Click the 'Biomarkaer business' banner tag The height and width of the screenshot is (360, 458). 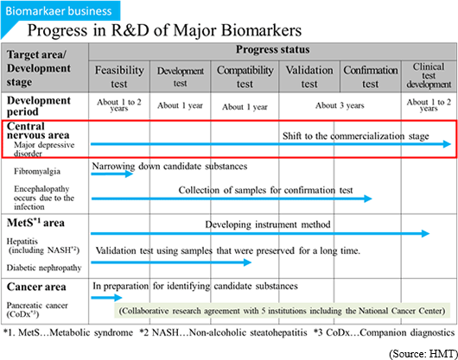[x=60, y=11]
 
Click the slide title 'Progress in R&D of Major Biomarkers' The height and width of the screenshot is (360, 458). [x=164, y=30]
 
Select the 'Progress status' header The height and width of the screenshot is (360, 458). [x=272, y=50]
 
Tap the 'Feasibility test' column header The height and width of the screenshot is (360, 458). [x=119, y=77]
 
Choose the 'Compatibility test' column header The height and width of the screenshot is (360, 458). [x=245, y=77]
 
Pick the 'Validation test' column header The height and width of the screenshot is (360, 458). [x=309, y=77]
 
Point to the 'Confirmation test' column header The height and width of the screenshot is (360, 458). [x=371, y=77]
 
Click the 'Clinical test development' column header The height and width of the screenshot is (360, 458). [x=429, y=76]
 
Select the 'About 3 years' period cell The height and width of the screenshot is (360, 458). [x=340, y=105]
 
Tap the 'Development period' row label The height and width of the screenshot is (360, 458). [x=39, y=106]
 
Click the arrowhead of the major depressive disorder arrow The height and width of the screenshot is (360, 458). [x=447, y=144]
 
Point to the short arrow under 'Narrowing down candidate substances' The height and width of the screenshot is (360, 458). [x=112, y=174]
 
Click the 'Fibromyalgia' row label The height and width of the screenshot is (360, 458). [x=37, y=171]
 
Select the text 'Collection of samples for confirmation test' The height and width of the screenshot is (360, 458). [x=265, y=190]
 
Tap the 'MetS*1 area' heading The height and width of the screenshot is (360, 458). [x=35, y=223]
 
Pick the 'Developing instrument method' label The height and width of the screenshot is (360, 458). [x=268, y=224]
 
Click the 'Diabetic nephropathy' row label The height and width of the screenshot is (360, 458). [x=44, y=268]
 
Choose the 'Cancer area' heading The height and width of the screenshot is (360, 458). [x=36, y=287]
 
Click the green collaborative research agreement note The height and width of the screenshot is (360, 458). [x=282, y=311]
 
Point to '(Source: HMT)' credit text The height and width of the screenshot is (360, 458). [x=423, y=354]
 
